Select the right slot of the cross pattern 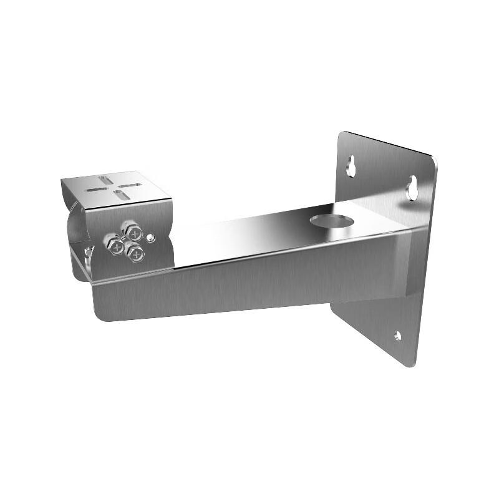pyautogui.click(x=129, y=186)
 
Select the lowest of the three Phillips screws pyautogui.click(x=136, y=253)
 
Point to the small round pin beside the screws pyautogui.click(x=150, y=237)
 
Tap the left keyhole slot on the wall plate pyautogui.click(x=352, y=165)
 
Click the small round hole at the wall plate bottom pyautogui.click(x=397, y=337)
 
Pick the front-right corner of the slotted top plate pyautogui.click(x=171, y=200)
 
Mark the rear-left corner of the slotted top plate pyautogui.click(x=62, y=180)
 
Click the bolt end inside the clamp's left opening pyautogui.click(x=88, y=252)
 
